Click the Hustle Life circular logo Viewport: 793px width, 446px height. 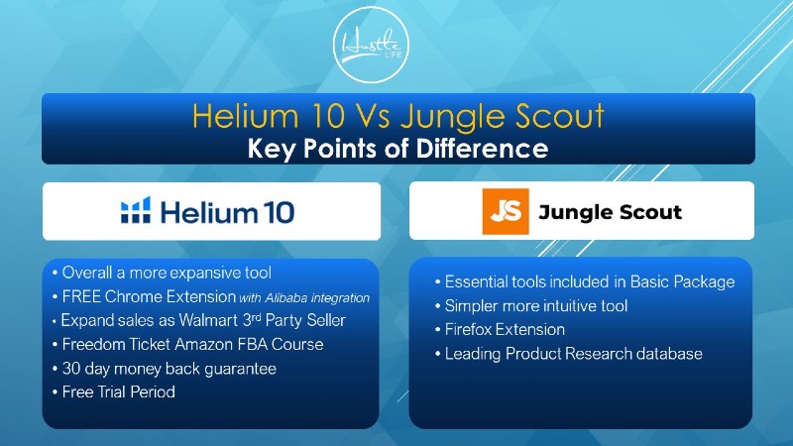[x=371, y=45]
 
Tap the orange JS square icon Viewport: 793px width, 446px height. [x=506, y=211]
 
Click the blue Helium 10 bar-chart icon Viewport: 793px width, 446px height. [x=136, y=210]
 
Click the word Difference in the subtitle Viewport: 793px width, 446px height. [x=482, y=149]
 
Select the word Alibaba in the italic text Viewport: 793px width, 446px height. [x=286, y=298]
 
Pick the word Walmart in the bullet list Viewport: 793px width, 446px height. [x=208, y=320]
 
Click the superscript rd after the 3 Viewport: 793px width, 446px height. [x=257, y=317]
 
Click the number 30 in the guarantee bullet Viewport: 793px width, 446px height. [x=71, y=369]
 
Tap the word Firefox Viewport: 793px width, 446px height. [x=469, y=330]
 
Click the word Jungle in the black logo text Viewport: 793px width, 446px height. [x=574, y=212]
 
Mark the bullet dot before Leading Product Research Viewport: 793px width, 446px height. [x=438, y=354]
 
